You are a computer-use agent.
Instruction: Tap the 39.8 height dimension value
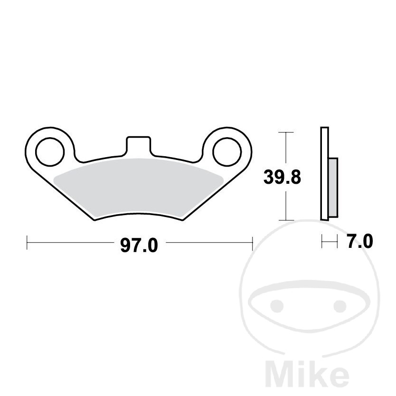click(x=282, y=177)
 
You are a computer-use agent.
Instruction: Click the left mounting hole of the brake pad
click(x=50, y=152)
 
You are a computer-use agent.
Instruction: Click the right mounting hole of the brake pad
click(x=227, y=152)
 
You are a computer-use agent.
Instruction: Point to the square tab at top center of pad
click(x=138, y=145)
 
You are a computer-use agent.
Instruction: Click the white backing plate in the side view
click(x=324, y=173)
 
